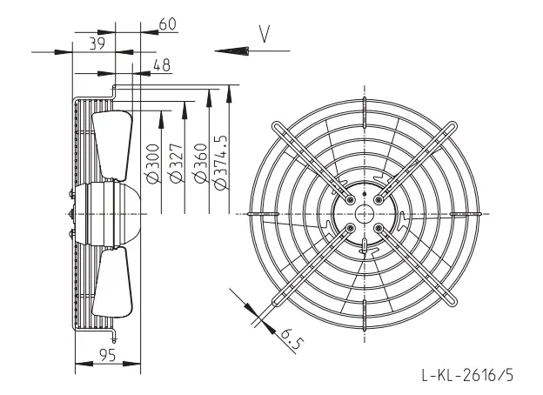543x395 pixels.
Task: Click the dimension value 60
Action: (168, 23)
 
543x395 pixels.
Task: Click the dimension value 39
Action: (97, 44)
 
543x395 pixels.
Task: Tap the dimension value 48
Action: (162, 65)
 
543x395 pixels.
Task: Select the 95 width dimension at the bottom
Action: (107, 355)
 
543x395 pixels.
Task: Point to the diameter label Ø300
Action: (153, 163)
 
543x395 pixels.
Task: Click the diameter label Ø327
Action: (177, 163)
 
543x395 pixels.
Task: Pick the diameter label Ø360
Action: (201, 163)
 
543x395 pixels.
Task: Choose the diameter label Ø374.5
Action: (221, 162)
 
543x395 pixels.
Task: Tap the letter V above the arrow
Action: (265, 34)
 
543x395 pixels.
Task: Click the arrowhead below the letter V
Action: (231, 50)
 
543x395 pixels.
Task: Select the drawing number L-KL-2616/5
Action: (467, 375)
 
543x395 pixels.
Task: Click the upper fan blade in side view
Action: (112, 145)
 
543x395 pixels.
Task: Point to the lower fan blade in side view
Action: (112, 283)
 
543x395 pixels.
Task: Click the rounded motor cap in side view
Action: (127, 214)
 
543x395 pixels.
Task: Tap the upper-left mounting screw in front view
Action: (351, 200)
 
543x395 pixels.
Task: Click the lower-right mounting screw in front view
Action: (379, 228)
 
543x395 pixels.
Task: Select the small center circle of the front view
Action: (365, 214)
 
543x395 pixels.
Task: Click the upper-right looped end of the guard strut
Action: (452, 127)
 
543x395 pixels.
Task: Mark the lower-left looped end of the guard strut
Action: (278, 301)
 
